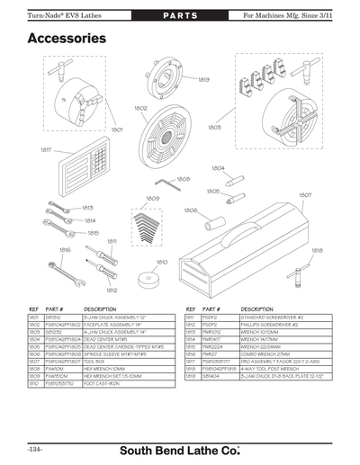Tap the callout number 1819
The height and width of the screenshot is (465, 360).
click(203, 79)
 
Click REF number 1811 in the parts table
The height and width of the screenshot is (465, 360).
click(190, 317)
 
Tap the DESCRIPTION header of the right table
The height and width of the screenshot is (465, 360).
click(257, 309)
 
